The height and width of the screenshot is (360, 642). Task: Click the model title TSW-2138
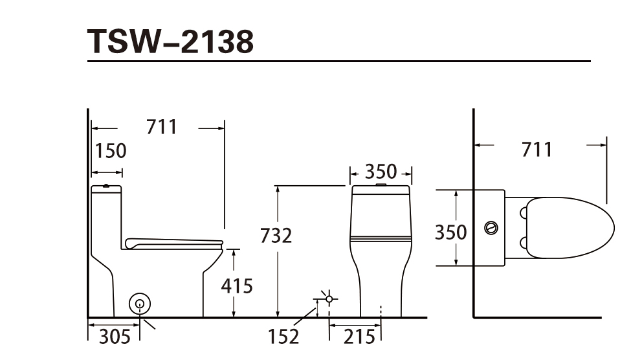[170, 41]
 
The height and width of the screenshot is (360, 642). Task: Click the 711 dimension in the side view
[162, 127]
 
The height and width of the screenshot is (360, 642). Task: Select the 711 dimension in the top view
[537, 150]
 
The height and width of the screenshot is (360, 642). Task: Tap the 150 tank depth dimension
[111, 151]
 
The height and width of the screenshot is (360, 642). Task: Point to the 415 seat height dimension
[237, 286]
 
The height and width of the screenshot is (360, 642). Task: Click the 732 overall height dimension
[276, 236]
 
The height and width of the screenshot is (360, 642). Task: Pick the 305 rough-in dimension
[115, 337]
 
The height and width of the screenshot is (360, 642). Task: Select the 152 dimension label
[283, 337]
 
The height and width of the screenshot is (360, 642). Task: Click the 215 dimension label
[359, 337]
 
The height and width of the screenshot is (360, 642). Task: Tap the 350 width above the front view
[381, 172]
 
